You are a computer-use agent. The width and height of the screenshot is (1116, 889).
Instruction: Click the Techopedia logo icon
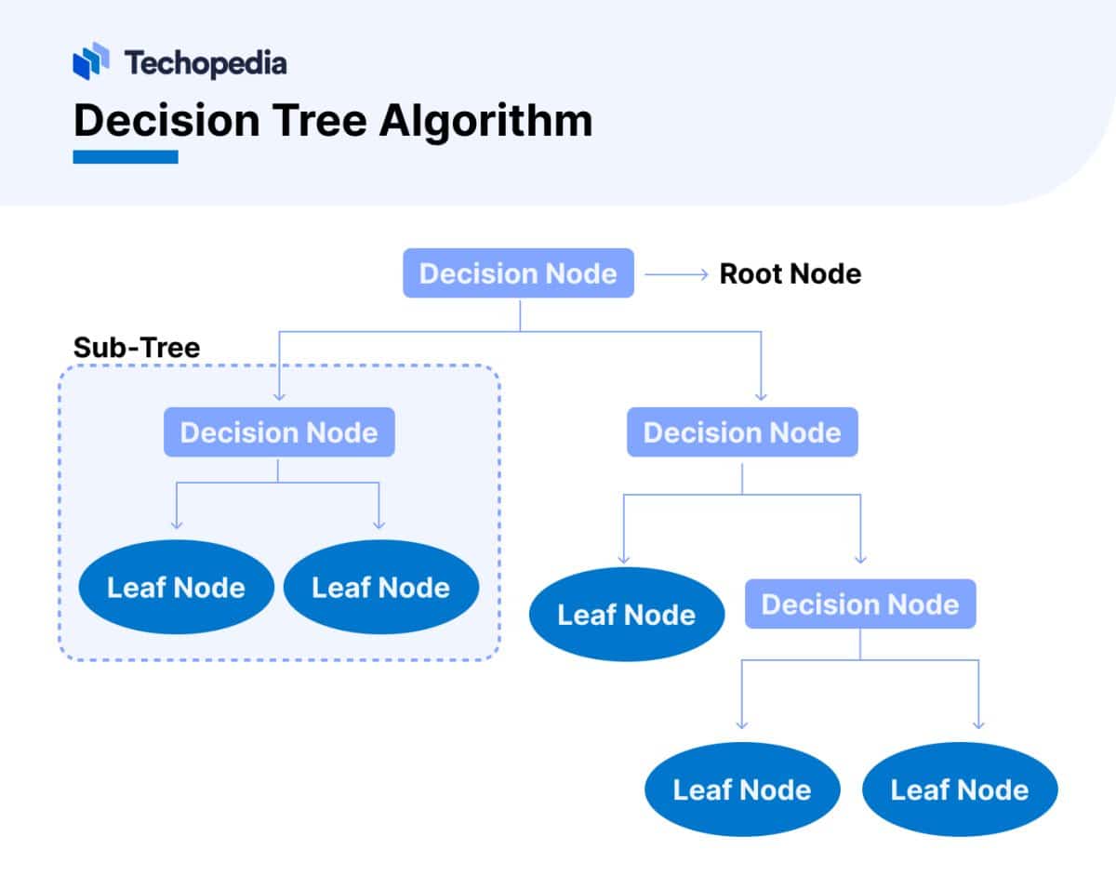click(x=91, y=61)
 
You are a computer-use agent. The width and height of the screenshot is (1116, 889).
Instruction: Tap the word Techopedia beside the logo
click(x=206, y=63)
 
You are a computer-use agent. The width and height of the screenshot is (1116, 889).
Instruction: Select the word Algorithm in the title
click(x=485, y=121)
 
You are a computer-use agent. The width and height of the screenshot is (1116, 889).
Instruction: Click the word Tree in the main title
click(x=315, y=121)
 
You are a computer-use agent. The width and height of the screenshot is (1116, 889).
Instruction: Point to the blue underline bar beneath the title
click(x=126, y=157)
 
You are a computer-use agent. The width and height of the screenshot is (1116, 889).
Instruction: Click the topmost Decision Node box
click(x=518, y=273)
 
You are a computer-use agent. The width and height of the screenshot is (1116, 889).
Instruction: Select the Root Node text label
click(x=790, y=274)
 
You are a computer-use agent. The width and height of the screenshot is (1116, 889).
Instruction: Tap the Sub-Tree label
click(x=137, y=348)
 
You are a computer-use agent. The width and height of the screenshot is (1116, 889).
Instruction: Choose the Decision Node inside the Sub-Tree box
click(x=279, y=433)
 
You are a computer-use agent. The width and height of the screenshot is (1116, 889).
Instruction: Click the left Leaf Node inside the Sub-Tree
click(x=176, y=588)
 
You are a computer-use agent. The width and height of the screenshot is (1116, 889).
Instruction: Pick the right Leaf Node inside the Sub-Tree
click(x=380, y=588)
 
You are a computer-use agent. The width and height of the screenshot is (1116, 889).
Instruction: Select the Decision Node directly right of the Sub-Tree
click(x=742, y=433)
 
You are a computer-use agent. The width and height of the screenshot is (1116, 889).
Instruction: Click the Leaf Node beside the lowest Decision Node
click(x=626, y=615)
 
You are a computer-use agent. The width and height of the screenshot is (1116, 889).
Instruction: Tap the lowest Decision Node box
click(x=860, y=604)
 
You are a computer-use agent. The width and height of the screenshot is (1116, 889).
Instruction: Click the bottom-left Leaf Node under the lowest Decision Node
click(x=742, y=790)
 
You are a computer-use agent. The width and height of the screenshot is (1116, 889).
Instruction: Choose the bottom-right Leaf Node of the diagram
click(x=960, y=790)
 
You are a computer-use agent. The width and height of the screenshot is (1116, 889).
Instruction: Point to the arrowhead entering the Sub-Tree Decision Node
click(x=279, y=396)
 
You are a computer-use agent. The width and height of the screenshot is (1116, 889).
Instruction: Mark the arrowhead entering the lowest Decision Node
click(x=860, y=558)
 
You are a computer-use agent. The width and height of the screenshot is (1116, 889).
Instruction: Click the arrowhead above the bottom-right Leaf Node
click(x=978, y=723)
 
